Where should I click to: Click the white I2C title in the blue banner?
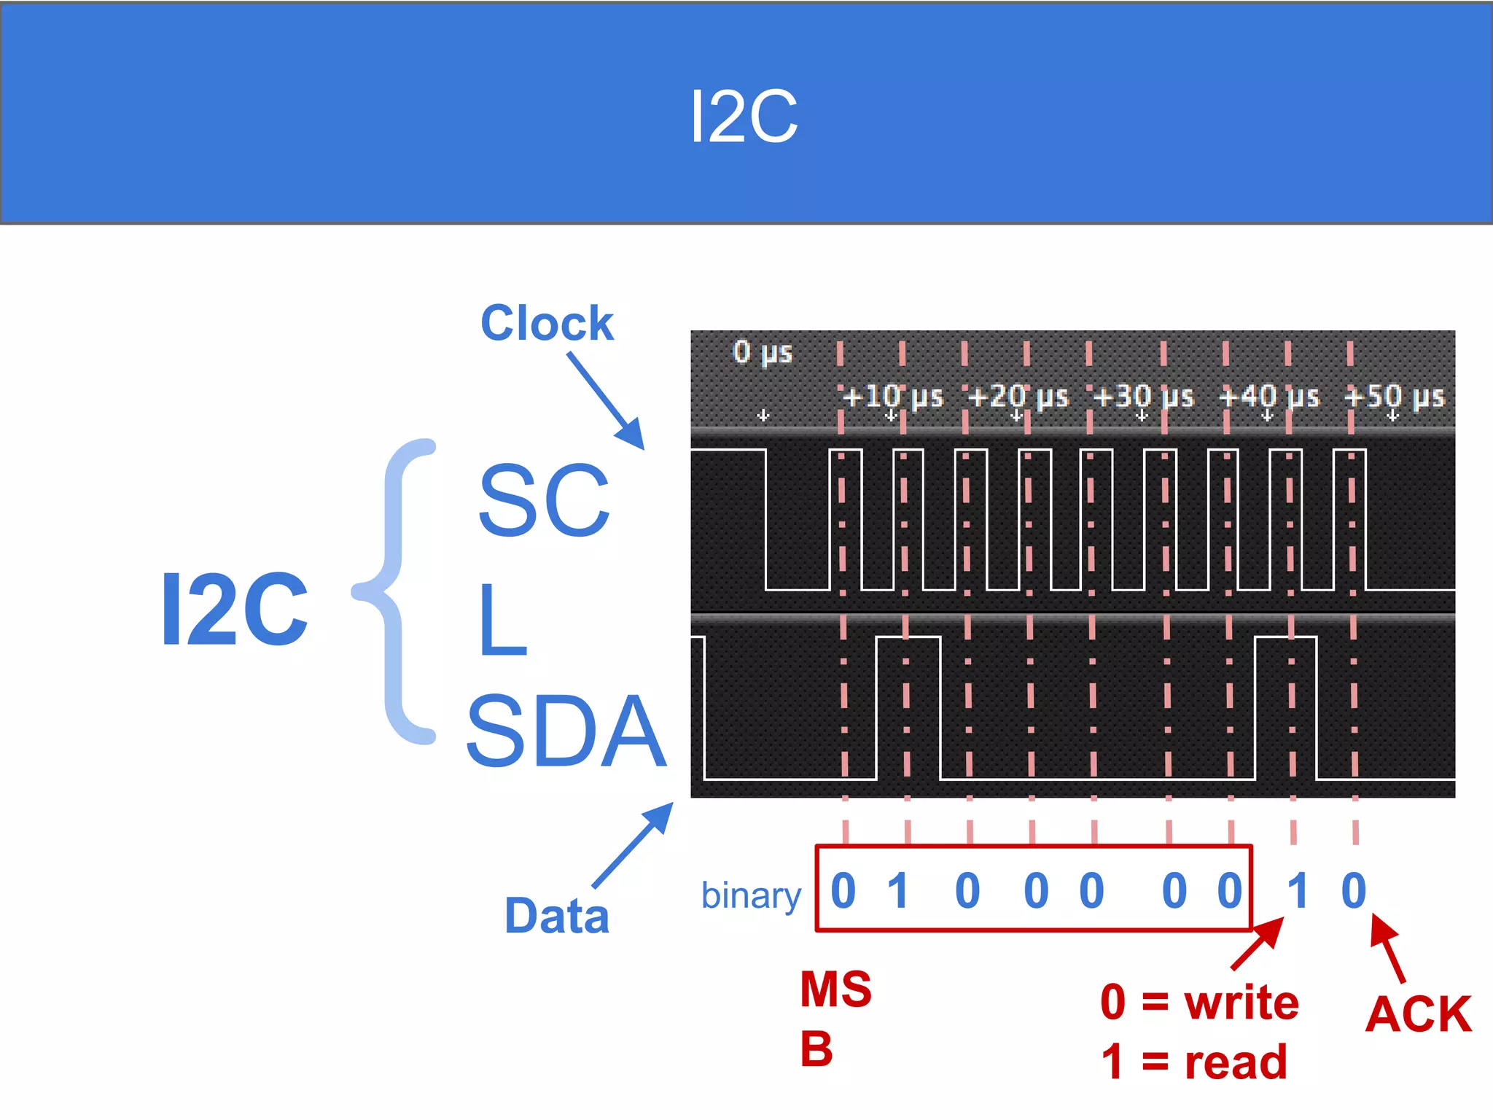tap(744, 117)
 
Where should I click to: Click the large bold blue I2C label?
tap(234, 610)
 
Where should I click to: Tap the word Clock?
tap(547, 323)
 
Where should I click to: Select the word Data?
tap(557, 916)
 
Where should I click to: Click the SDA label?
tap(566, 731)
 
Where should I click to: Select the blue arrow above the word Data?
tap(632, 846)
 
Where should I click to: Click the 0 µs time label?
tap(762, 352)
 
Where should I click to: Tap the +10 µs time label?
tap(892, 397)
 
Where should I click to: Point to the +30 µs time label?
tap(1143, 397)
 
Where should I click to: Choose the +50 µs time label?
tap(1394, 397)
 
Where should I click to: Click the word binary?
tap(751, 895)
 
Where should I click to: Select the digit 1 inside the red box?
tap(898, 890)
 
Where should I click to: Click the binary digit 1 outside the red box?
tap(1297, 890)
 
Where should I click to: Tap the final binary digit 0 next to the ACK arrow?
tap(1353, 890)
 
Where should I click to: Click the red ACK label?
tap(1419, 1014)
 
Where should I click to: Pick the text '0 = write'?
tap(1200, 1003)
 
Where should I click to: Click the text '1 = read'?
tap(1194, 1062)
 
